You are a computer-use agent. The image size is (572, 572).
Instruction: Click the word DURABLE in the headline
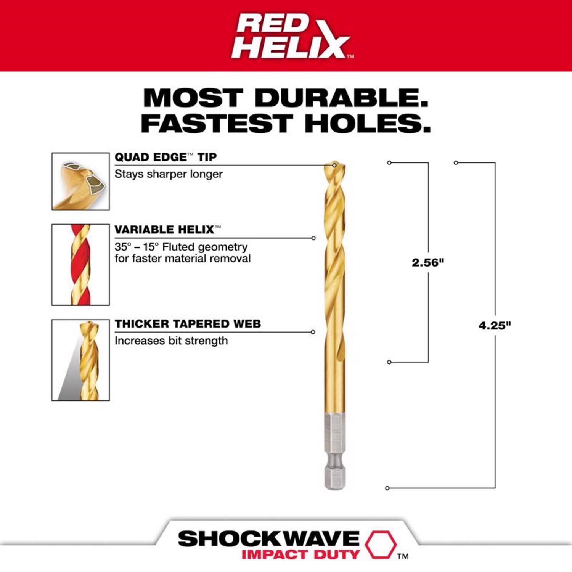[342, 98]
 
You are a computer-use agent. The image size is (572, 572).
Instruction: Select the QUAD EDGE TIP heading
[165, 157]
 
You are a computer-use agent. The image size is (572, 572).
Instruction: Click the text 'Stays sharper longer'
[169, 174]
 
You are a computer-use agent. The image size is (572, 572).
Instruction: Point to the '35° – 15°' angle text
[137, 247]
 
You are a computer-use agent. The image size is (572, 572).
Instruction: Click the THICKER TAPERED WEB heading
[188, 324]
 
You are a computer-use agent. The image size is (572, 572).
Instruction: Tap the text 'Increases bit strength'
[171, 341]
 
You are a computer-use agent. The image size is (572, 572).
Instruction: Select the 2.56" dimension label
[428, 262]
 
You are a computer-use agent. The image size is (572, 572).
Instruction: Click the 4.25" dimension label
[495, 325]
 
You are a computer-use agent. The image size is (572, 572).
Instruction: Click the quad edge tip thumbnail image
[80, 182]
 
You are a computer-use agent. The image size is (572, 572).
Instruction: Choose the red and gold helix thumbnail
[80, 265]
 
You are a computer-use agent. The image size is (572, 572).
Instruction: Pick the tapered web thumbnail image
[80, 360]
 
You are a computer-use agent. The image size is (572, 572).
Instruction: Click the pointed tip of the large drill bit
[334, 164]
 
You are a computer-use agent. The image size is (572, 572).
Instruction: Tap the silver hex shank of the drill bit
[334, 450]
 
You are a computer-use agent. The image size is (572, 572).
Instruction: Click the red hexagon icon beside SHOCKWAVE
[381, 544]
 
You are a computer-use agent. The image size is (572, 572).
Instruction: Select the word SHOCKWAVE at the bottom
[268, 539]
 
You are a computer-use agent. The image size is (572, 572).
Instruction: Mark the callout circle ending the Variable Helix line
[313, 238]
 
